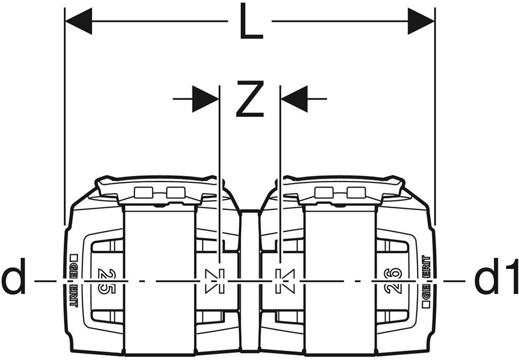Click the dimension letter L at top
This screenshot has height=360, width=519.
(251, 21)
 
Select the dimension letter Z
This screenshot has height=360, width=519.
(250, 99)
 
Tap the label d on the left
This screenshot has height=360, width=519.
(14, 277)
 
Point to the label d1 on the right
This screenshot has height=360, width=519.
(496, 277)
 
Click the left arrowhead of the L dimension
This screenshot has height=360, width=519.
(79, 21)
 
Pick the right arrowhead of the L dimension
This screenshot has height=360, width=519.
(421, 21)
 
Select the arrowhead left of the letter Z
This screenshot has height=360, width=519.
(205, 99)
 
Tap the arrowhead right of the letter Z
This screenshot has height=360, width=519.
(294, 99)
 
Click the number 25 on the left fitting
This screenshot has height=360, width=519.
(107, 281)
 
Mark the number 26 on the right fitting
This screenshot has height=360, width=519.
(393, 281)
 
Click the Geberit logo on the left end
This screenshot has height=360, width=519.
(74, 281)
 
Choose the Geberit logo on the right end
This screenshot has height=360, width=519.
(427, 281)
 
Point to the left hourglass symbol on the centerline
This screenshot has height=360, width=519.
(215, 281)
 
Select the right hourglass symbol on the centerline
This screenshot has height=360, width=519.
(285, 281)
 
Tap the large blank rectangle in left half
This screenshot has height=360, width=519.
(159, 280)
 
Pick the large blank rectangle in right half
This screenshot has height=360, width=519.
(340, 280)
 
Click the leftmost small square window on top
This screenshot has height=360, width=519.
(144, 192)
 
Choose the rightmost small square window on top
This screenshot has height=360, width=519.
(356, 192)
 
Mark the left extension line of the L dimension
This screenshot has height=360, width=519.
(64, 117)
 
